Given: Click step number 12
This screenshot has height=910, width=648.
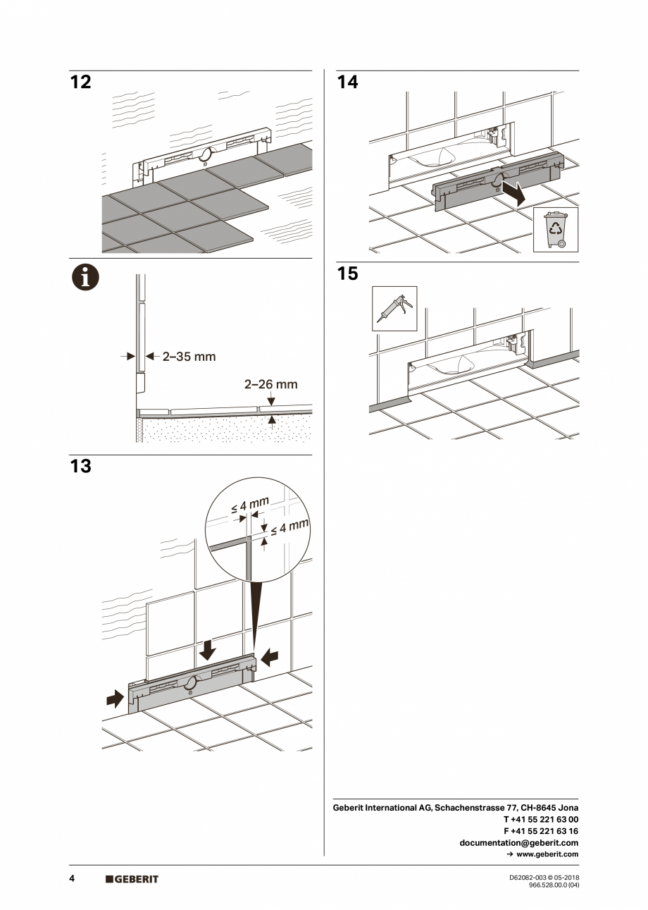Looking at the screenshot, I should [x=81, y=82].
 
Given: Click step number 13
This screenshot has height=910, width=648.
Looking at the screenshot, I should [x=81, y=467].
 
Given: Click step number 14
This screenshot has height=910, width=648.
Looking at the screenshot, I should [x=347, y=82].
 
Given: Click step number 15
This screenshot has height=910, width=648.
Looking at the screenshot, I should [x=347, y=273].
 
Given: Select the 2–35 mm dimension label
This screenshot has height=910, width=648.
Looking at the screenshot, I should [x=189, y=357].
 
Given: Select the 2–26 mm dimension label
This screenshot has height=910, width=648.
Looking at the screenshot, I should [x=271, y=385].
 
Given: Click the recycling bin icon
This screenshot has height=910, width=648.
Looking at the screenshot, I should [x=556, y=229].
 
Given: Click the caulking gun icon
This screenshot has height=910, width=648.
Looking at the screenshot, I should [x=394, y=309].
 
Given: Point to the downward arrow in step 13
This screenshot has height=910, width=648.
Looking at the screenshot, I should [x=207, y=650].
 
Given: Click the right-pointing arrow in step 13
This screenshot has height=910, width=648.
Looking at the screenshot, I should [x=113, y=699].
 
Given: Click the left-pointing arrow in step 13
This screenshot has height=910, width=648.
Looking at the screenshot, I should [x=270, y=657].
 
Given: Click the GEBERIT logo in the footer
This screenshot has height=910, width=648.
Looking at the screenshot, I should [x=132, y=879].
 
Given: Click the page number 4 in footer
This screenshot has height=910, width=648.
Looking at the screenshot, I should [x=72, y=878].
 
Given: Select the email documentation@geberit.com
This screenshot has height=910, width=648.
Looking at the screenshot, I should [x=518, y=842].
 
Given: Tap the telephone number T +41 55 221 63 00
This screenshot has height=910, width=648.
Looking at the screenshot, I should [x=541, y=819].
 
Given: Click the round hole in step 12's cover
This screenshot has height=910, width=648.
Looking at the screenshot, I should [x=205, y=155].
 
